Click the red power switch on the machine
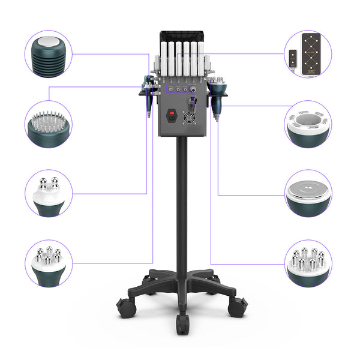coord(172,111)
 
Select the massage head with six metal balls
coord(49,264)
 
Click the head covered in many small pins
coord(49,125)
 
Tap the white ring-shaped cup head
coord(308,125)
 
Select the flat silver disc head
coord(308,193)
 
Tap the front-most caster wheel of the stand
coord(183,325)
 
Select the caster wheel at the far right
coord(238,307)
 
